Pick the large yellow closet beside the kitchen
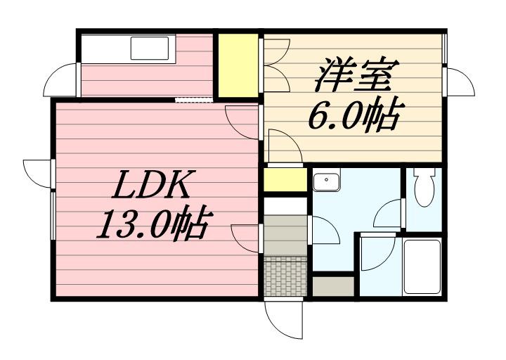click(x=238, y=65)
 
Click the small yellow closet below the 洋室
click(x=283, y=179)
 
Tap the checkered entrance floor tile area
click(x=285, y=274)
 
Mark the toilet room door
click(x=392, y=213)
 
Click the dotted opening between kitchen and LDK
click(x=193, y=99)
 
